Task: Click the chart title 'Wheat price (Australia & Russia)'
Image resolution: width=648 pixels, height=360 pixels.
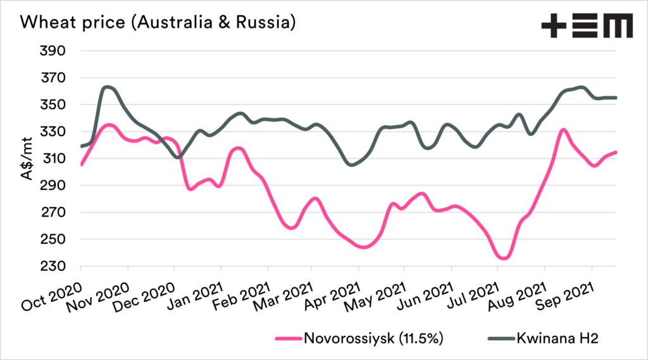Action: [x=150, y=23]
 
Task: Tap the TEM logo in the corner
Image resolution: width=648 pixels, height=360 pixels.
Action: [x=587, y=27]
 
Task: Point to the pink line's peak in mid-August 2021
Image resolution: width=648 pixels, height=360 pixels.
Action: [x=563, y=130]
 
